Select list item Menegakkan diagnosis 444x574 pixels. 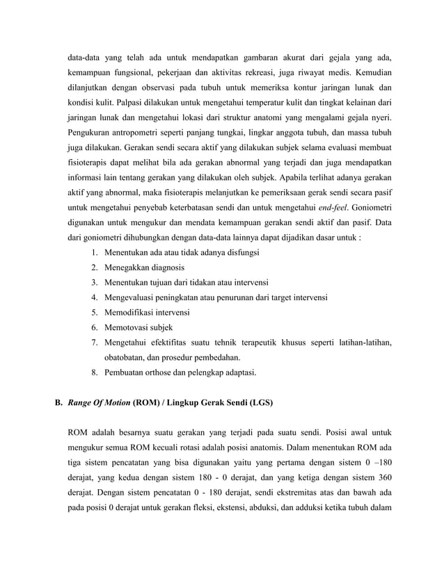pyautogui.click(x=144, y=268)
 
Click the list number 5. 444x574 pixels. pyautogui.click(x=94, y=312)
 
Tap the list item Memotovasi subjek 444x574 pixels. pyautogui.click(x=138, y=327)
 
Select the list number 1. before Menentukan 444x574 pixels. pyautogui.click(x=94, y=252)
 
